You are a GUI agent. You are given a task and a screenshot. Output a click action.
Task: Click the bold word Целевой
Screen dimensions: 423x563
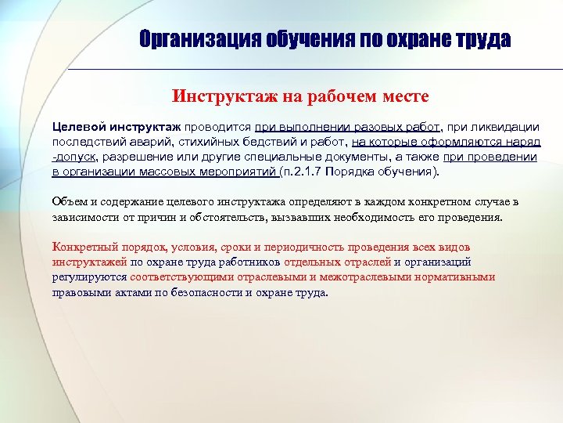click(x=76, y=127)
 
